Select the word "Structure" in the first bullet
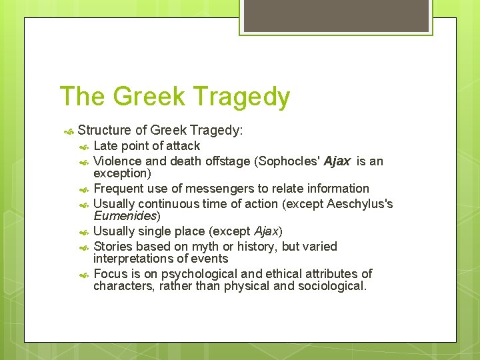coord(105,130)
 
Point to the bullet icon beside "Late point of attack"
coord(84,146)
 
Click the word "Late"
coord(105,145)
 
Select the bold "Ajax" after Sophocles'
coord(337,161)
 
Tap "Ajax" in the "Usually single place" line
coord(266,231)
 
